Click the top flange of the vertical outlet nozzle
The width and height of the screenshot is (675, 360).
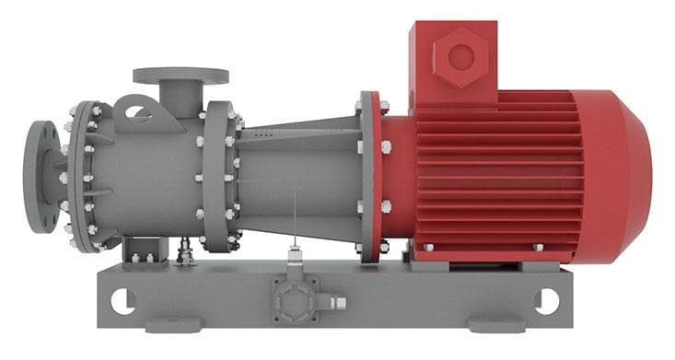coord(180,75)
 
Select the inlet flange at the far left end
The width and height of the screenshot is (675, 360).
coord(42,175)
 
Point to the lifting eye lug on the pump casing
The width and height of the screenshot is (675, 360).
coord(138,112)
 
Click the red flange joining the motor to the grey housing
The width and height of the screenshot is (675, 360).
coord(370,175)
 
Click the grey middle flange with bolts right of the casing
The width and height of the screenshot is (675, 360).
coord(218,175)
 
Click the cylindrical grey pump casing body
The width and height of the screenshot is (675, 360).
coord(147,175)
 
